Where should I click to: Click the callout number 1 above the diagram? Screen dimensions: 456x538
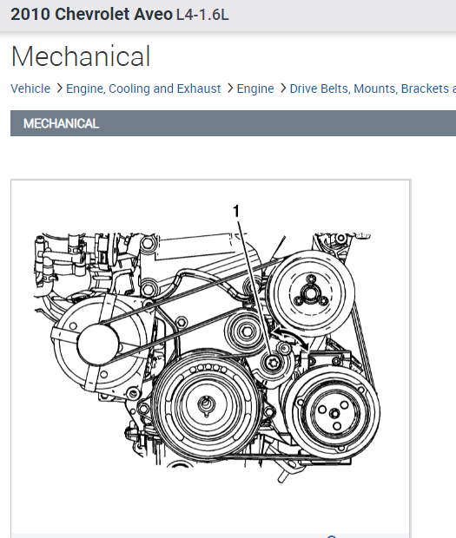[x=236, y=211]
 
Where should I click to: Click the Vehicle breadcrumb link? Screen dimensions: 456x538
[x=30, y=89]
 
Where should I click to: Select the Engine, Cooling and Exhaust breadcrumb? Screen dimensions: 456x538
[x=143, y=89]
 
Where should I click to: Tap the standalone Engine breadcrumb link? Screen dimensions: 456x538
[x=255, y=89]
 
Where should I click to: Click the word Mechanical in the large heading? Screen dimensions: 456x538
[x=81, y=56]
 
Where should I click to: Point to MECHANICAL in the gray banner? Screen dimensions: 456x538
[x=61, y=123]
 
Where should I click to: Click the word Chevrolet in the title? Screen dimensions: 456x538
[x=92, y=15]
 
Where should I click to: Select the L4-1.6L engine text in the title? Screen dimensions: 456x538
[x=202, y=15]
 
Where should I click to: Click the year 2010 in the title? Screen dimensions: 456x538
[x=30, y=15]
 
